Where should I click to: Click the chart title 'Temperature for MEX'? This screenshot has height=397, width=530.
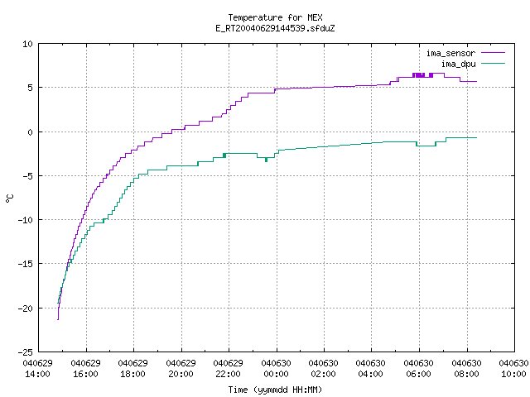point(275,17)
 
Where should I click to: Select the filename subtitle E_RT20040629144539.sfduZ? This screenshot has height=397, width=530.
point(275,28)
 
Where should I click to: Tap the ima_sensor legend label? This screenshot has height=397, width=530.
point(450,53)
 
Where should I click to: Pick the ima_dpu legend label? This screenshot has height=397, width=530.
point(459,64)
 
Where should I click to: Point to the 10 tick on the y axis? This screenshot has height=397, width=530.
point(27,44)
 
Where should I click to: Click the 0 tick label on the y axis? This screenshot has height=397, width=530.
point(31,132)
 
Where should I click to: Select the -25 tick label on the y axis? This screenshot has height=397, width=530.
point(26,352)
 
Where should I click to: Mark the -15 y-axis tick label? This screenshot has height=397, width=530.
point(26,264)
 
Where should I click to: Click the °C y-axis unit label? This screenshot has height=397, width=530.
point(9,198)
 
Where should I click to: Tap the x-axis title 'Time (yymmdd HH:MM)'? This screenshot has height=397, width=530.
point(275,390)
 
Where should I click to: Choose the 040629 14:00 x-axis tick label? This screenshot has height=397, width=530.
point(38,369)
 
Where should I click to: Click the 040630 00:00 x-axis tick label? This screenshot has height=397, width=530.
point(276,369)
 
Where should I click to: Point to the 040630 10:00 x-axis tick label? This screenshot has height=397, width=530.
point(513,369)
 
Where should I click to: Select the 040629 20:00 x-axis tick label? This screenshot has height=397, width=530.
point(181,369)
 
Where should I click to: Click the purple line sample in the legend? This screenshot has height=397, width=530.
point(494,53)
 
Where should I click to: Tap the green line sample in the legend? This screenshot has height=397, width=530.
point(494,64)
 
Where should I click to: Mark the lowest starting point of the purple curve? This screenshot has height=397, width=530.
point(58,319)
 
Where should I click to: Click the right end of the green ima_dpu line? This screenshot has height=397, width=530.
point(477,138)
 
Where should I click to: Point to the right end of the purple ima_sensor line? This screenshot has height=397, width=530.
point(477,81)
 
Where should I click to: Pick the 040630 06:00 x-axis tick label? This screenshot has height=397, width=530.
point(419,369)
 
